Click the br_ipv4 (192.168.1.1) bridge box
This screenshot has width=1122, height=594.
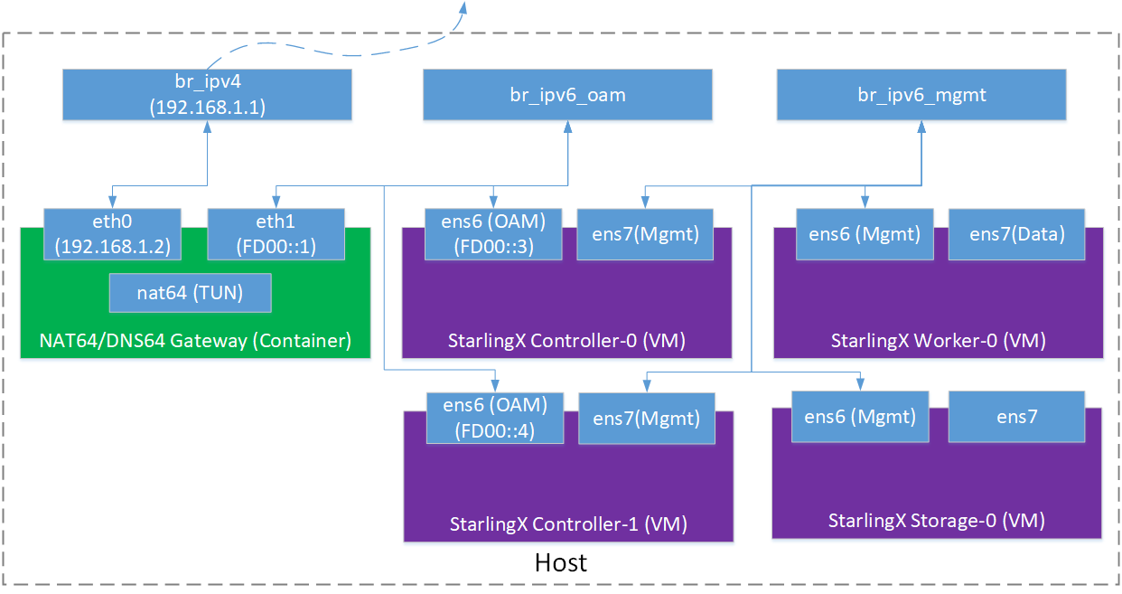pyautogui.click(x=207, y=95)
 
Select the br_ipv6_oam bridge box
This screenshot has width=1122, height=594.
pyautogui.click(x=567, y=95)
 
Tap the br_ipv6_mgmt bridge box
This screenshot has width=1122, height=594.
pyautogui.click(x=921, y=95)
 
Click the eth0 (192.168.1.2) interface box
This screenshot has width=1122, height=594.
pyautogui.click(x=112, y=233)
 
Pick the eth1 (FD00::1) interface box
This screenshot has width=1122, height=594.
pyautogui.click(x=276, y=233)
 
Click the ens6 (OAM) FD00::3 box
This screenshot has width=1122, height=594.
pyautogui.click(x=493, y=233)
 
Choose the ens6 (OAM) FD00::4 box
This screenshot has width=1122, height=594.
pyautogui.click(x=494, y=418)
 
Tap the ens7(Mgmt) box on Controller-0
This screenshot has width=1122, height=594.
pyautogui.click(x=645, y=234)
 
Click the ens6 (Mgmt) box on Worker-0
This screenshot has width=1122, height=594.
pyautogui.click(x=865, y=234)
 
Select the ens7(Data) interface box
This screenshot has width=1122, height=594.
pyautogui.click(x=1016, y=234)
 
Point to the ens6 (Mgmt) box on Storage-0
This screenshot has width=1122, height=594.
pyautogui.click(x=860, y=417)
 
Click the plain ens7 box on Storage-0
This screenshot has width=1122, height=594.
pyautogui.click(x=1016, y=417)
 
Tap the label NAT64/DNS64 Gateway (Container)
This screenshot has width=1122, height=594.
pyautogui.click(x=194, y=341)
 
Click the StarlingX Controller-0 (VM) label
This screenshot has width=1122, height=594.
pyautogui.click(x=566, y=341)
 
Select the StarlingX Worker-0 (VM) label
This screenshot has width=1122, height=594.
pyautogui.click(x=938, y=341)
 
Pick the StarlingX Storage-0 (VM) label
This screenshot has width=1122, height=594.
pyautogui.click(x=937, y=521)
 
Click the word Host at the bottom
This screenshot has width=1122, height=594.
pyautogui.click(x=560, y=562)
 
